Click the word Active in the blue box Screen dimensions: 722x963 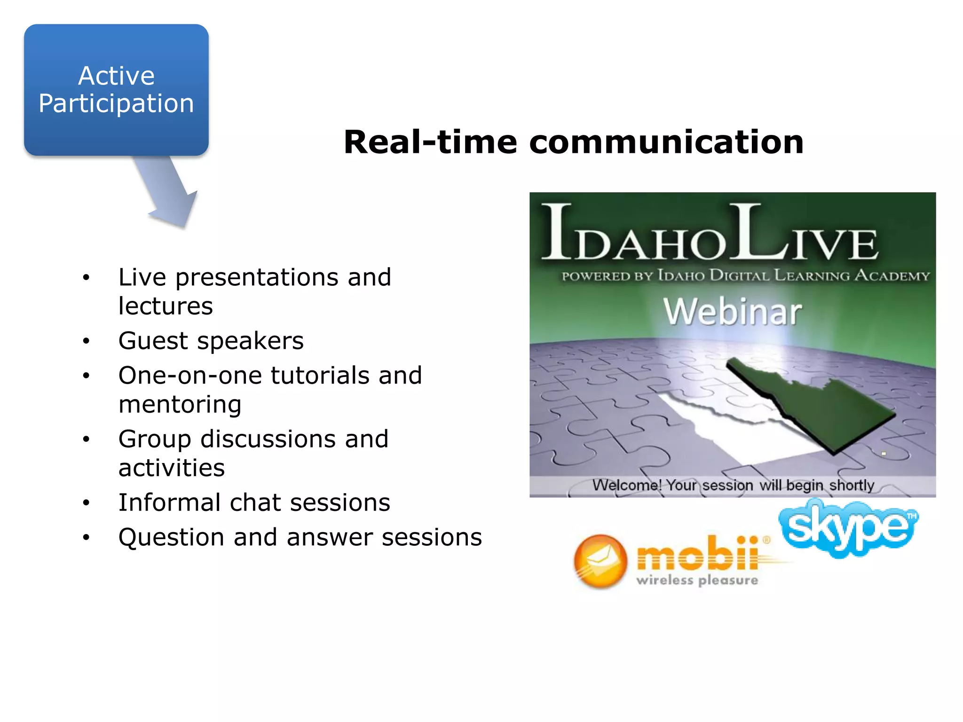pyautogui.click(x=116, y=76)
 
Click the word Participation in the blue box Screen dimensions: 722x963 pyautogui.click(x=116, y=103)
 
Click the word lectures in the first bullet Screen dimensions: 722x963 pyautogui.click(x=166, y=306)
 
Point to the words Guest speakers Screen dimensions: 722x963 pyautogui.click(x=211, y=341)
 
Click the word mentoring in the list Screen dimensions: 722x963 pyautogui.click(x=180, y=405)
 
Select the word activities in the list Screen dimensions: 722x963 pyautogui.click(x=172, y=468)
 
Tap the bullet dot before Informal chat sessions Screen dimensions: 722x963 pyautogui.click(x=86, y=503)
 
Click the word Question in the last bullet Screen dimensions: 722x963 pyautogui.click(x=171, y=537)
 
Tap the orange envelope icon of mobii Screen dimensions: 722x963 pyautogui.click(x=600, y=561)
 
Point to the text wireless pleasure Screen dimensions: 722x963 pyautogui.click(x=697, y=581)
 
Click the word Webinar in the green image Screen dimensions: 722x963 pyautogui.click(x=732, y=312)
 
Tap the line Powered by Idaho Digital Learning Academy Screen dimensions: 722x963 pyautogui.click(x=746, y=275)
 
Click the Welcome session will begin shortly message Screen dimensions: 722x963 pyautogui.click(x=733, y=485)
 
